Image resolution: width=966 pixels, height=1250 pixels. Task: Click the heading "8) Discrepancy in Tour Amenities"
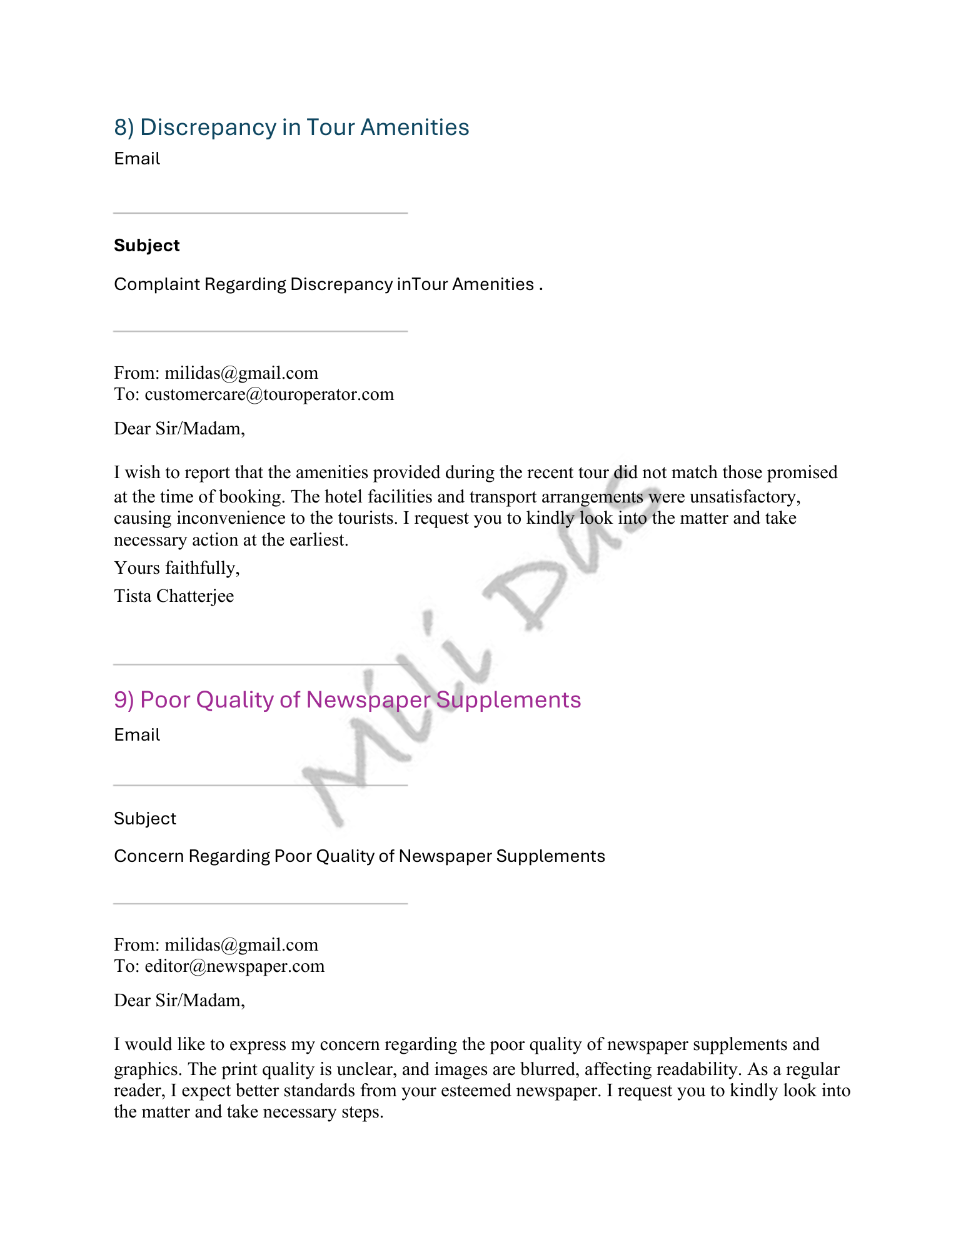point(291,127)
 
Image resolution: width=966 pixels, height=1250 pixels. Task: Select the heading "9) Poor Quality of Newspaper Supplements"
point(347,700)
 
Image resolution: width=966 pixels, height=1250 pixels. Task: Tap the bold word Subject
point(146,246)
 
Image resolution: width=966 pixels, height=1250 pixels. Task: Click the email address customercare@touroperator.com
point(269,394)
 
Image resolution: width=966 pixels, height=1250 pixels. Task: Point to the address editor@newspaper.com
point(234,966)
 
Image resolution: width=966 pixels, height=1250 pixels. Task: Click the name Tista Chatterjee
point(174,596)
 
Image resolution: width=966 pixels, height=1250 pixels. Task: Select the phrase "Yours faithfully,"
point(176,568)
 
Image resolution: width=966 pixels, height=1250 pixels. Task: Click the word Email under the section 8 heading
point(137,159)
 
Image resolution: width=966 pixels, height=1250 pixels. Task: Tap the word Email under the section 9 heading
point(137,735)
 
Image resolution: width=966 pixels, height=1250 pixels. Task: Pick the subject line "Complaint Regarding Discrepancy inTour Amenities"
point(324,284)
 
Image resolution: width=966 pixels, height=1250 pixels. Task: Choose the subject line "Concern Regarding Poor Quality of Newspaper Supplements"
point(359,856)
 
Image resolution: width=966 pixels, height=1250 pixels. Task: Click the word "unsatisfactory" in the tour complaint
point(744,497)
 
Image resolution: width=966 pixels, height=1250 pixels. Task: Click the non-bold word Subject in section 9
point(145,819)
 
